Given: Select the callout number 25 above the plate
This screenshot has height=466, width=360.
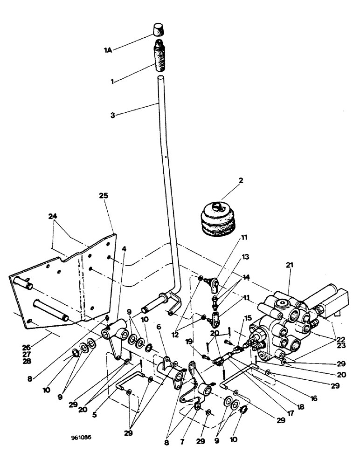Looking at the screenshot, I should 104,195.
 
